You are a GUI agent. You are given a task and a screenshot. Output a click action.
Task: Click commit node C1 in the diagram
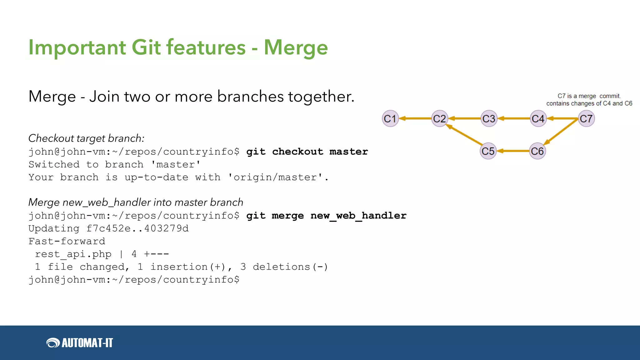tap(390, 119)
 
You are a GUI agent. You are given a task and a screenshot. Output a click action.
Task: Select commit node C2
tap(439, 119)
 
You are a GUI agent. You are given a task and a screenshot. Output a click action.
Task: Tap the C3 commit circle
tap(489, 119)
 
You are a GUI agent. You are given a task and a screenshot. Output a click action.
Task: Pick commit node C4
tap(538, 119)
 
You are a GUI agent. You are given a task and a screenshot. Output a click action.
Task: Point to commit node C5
tap(488, 151)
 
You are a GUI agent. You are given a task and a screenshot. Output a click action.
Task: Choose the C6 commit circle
tap(537, 151)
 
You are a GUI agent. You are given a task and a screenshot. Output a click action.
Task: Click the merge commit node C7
tap(586, 119)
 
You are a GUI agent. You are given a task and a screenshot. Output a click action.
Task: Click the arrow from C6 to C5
tap(513, 151)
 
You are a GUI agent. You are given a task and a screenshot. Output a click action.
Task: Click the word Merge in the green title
tap(296, 47)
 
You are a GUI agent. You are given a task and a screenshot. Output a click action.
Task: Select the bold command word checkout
tap(297, 152)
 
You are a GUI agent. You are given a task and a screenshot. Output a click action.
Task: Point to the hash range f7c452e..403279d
tap(137, 228)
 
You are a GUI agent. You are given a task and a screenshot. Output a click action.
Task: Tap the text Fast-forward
tap(67, 241)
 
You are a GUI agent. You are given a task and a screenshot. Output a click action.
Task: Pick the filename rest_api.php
tap(73, 254)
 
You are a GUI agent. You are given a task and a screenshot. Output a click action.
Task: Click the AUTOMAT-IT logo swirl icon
tap(53, 343)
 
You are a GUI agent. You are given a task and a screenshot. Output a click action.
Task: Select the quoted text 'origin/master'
tap(275, 177)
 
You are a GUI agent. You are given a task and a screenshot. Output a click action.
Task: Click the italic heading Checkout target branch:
tap(86, 138)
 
